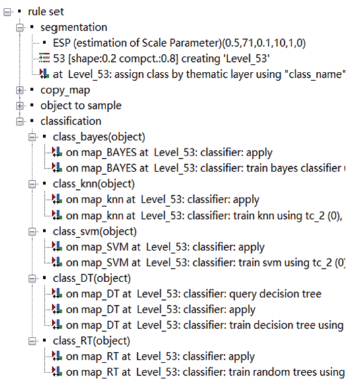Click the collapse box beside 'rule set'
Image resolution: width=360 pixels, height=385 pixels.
(x=7, y=12)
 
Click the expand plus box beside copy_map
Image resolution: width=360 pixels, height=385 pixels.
(x=20, y=90)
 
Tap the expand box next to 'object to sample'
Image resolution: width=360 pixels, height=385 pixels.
(x=20, y=106)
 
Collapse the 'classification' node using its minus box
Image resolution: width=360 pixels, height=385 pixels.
(x=20, y=121)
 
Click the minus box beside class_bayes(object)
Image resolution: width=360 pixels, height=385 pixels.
(x=32, y=137)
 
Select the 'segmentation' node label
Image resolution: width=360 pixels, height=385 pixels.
(x=74, y=28)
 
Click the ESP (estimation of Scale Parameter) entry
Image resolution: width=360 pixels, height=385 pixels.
(x=179, y=44)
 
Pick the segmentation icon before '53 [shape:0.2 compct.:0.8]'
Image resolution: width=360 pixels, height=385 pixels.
(x=44, y=58)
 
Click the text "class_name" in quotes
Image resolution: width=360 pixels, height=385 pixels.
(x=315, y=74)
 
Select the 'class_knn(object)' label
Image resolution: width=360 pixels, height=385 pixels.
(x=94, y=185)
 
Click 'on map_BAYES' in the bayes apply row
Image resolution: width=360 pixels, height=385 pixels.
(x=101, y=153)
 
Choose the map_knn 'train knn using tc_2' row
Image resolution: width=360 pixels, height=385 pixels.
(x=204, y=216)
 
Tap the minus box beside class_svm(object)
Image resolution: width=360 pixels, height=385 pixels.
(x=32, y=231)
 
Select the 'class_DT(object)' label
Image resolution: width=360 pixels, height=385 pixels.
(x=92, y=279)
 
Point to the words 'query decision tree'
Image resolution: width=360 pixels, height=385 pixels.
(x=275, y=294)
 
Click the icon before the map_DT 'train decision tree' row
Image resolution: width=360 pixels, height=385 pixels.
(x=57, y=324)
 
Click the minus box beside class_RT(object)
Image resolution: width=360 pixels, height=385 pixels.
(x=32, y=341)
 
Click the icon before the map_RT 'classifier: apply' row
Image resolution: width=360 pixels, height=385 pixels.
(x=57, y=356)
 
